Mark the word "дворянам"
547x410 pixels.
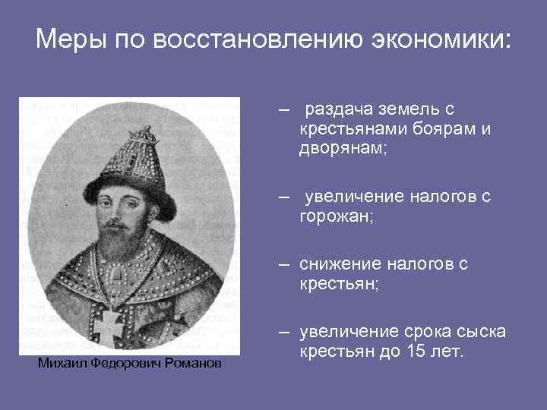click(x=342, y=149)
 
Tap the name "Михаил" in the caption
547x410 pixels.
click(x=63, y=364)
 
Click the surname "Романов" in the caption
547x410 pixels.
click(x=194, y=364)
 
